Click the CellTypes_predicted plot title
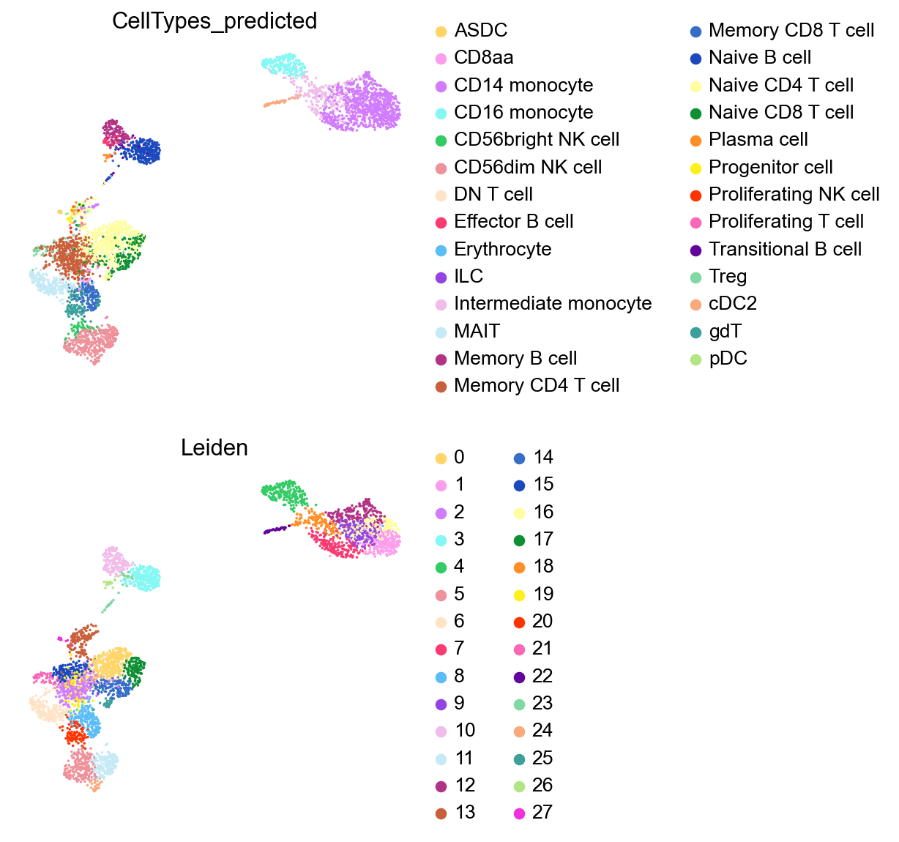(x=214, y=21)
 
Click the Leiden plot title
(x=214, y=448)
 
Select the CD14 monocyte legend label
(x=523, y=85)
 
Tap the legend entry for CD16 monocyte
(x=523, y=112)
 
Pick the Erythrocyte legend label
(x=502, y=249)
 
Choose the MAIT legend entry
(x=477, y=331)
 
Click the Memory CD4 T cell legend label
(x=537, y=386)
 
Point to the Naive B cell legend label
(x=760, y=58)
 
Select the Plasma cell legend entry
(x=758, y=140)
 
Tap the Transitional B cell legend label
(x=785, y=249)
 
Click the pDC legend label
(x=728, y=359)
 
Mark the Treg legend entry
(x=728, y=277)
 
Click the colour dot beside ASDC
(x=441, y=31)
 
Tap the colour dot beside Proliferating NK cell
(x=695, y=195)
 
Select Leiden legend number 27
(x=542, y=813)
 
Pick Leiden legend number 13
(x=464, y=813)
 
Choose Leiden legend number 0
(x=459, y=458)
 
